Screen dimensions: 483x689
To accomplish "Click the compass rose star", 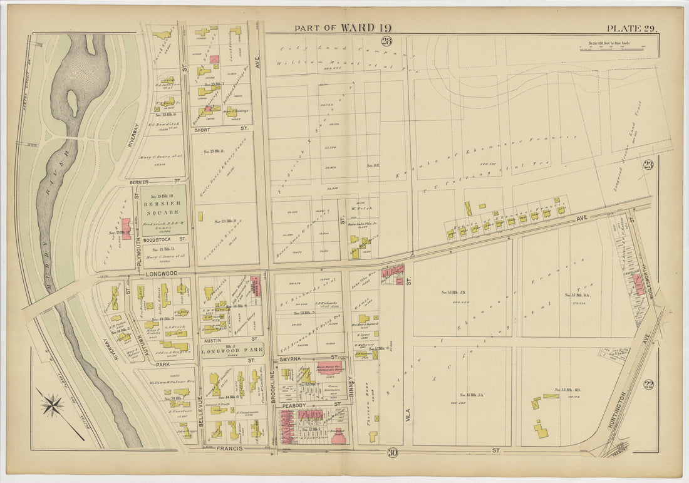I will click(x=52, y=404).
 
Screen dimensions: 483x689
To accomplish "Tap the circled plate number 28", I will click(x=386, y=41).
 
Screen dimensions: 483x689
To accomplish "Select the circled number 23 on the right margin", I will click(x=648, y=165).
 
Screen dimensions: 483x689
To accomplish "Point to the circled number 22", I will click(x=648, y=383).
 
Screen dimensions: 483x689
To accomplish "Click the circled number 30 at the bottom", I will click(x=392, y=452).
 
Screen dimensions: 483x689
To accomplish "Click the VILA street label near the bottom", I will click(x=408, y=413).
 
